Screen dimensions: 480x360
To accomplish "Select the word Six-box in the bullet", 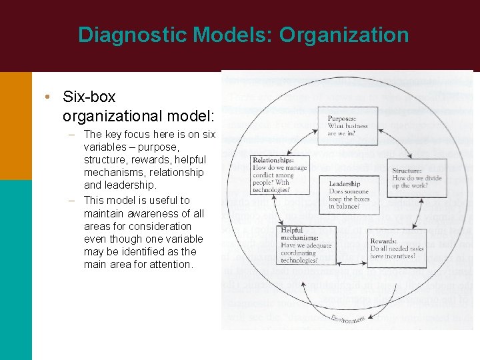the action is coord(89,97).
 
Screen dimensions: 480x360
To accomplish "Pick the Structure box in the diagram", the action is coord(418,178).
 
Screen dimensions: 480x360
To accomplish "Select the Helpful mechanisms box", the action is coord(305,245).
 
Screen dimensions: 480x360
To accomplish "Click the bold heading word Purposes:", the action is coord(341,119).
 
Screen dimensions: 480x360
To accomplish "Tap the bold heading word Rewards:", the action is coord(384,241).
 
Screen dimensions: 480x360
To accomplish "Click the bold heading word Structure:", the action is coord(408,171).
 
